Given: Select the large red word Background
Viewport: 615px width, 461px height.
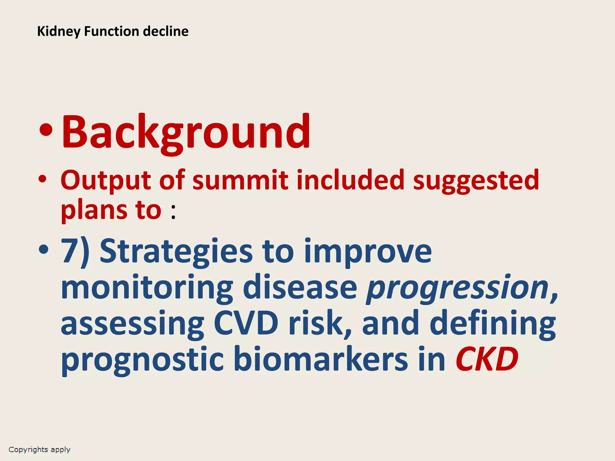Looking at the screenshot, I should [x=186, y=132].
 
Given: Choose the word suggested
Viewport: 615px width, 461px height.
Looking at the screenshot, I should [x=476, y=180].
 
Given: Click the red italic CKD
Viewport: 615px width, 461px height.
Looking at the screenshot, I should [x=487, y=359].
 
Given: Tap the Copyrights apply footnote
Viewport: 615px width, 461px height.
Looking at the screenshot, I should [x=39, y=450].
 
